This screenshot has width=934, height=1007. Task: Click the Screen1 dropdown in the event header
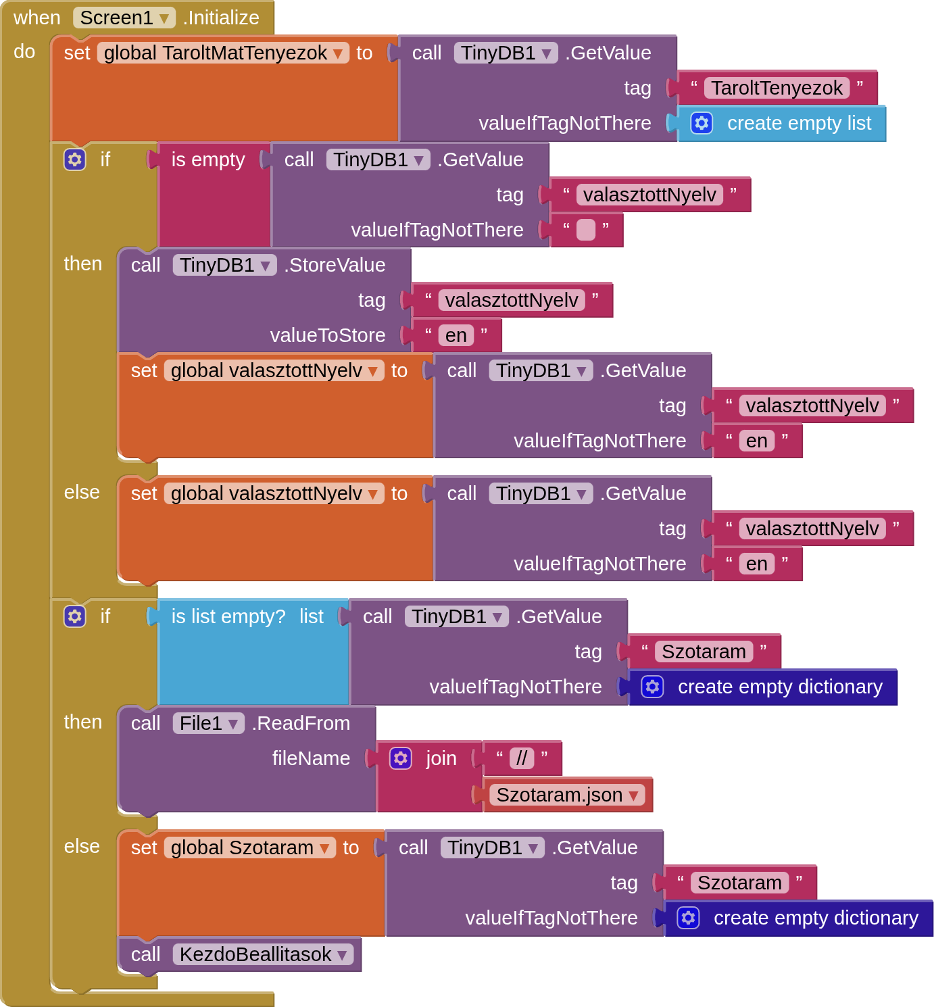point(124,18)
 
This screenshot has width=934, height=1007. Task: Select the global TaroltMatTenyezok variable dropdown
point(223,53)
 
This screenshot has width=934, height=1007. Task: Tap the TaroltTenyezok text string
point(777,88)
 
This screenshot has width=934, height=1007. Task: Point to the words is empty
point(207,159)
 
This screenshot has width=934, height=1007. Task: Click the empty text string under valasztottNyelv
point(585,230)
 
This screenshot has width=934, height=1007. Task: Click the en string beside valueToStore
point(456,335)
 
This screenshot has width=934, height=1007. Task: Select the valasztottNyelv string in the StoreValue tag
point(512,300)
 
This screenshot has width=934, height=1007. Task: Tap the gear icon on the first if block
point(75,159)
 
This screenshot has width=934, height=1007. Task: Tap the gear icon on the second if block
point(75,616)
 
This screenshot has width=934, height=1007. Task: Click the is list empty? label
point(228,616)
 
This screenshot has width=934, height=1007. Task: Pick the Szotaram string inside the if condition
point(704,652)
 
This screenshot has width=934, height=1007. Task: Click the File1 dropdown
point(208,723)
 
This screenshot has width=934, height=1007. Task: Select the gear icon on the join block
point(401,758)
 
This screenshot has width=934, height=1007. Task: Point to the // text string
point(522,758)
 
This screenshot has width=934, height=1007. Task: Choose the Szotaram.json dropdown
point(566,795)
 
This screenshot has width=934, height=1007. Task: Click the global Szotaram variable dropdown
point(249,848)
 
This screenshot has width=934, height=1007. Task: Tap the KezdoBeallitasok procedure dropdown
point(263,954)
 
